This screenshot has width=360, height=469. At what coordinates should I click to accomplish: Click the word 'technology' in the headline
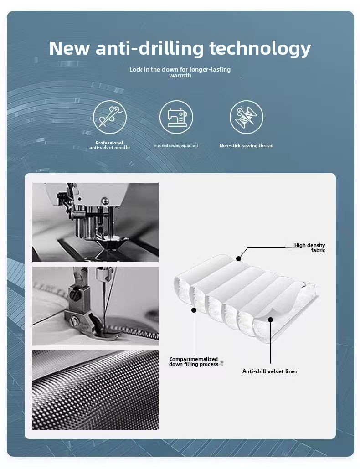(x=260, y=49)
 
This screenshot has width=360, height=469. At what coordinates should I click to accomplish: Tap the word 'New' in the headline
(x=69, y=48)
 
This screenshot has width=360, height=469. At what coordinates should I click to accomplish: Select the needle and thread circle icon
(x=110, y=117)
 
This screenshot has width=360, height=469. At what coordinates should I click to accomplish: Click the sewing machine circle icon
(x=176, y=117)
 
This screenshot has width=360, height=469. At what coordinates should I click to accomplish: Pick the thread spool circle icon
(x=247, y=117)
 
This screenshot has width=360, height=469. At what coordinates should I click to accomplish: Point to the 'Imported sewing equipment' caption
(x=175, y=146)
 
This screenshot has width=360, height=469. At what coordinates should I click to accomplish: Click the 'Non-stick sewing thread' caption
(x=247, y=146)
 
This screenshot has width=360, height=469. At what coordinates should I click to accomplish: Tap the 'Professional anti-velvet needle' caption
(x=109, y=145)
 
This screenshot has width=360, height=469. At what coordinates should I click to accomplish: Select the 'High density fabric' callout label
(x=309, y=247)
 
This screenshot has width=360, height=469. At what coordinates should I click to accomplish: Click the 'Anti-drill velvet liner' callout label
(x=270, y=371)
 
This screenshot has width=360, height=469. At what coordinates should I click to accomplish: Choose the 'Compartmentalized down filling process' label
(x=194, y=361)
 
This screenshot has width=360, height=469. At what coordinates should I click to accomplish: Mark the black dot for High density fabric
(x=238, y=258)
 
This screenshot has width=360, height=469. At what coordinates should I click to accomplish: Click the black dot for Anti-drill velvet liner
(x=270, y=320)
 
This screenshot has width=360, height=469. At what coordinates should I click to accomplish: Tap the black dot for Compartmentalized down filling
(x=194, y=310)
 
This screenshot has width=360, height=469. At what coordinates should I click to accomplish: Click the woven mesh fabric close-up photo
(x=95, y=390)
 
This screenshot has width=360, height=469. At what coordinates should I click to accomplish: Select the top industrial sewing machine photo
(x=95, y=222)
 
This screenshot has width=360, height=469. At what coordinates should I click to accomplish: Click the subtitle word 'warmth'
(x=180, y=75)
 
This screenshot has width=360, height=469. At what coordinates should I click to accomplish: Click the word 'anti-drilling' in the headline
(x=149, y=48)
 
